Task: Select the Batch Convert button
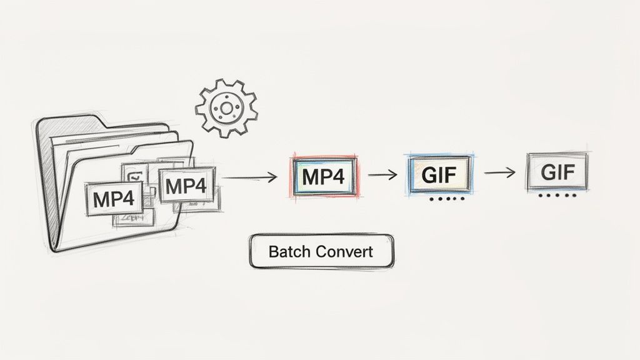point(321,251)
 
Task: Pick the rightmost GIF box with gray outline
point(556,171)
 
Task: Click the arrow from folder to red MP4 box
point(249,177)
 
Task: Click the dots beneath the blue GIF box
point(445,200)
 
